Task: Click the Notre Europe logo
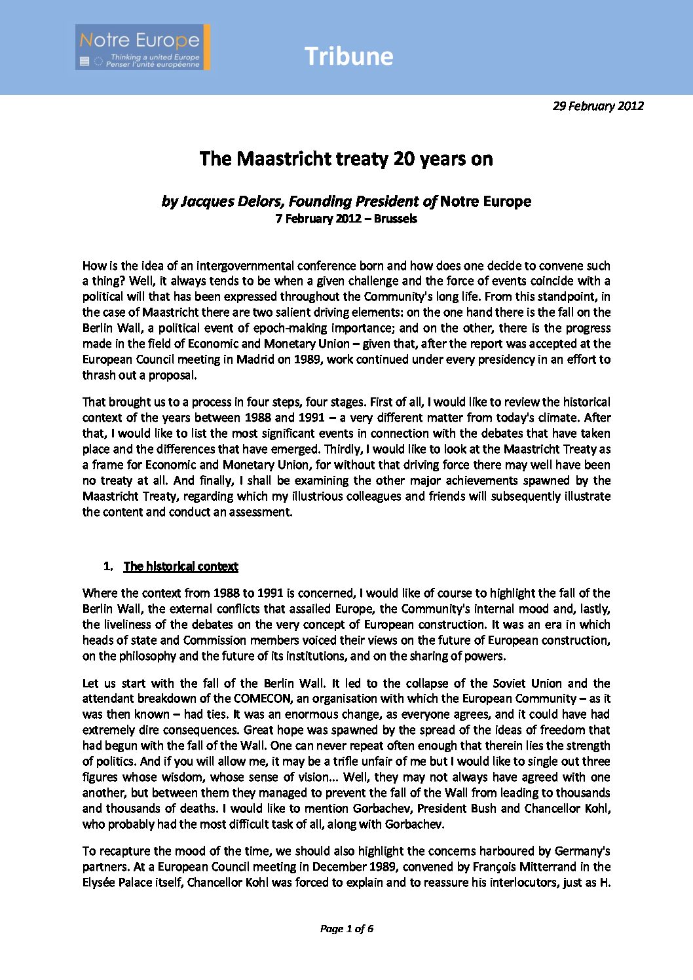[x=143, y=47]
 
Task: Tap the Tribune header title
[x=348, y=56]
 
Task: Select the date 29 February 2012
[x=598, y=106]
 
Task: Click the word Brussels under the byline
[x=395, y=219]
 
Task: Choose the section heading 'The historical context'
[x=181, y=567]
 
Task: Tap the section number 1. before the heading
[x=108, y=567]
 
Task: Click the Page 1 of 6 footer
[x=346, y=928]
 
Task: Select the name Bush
[x=483, y=808]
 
